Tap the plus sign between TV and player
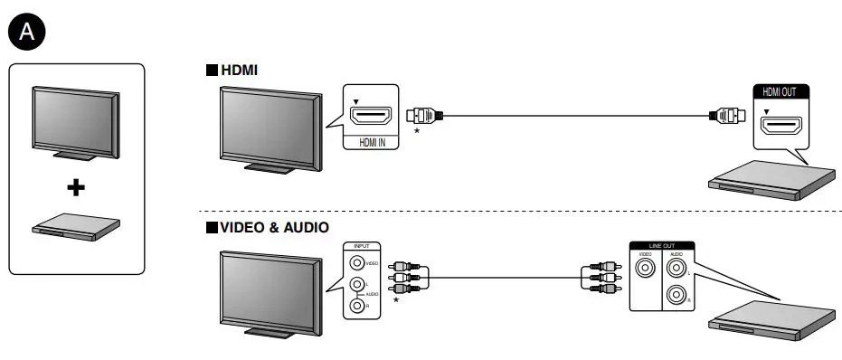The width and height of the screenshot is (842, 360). [77, 187]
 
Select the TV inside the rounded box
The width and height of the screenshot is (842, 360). [76, 121]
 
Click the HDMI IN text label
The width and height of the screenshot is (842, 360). [371, 142]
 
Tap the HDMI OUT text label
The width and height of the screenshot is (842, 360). [781, 91]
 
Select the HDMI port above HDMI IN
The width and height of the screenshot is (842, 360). [371, 117]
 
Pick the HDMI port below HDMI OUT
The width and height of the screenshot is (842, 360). [781, 127]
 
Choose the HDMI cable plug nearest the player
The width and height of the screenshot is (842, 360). [728, 116]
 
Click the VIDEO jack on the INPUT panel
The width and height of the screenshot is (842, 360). [359, 263]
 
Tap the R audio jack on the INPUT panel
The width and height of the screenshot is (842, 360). [359, 306]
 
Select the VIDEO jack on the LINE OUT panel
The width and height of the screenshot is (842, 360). [645, 274]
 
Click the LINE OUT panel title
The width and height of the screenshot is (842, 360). [661, 246]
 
